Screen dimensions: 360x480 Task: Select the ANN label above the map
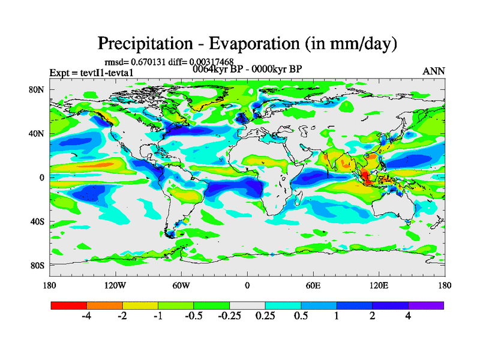434,71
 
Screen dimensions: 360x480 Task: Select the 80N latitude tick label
38,90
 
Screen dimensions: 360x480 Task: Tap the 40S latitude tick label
38,221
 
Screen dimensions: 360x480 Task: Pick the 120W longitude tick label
115,285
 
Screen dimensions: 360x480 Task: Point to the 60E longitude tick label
313,285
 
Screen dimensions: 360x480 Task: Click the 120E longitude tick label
379,285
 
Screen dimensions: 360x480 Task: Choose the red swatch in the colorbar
69,305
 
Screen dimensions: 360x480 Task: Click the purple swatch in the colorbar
426,305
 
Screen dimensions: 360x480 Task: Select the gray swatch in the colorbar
247,305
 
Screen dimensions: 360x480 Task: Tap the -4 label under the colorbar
86,316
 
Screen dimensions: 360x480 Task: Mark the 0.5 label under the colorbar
301,316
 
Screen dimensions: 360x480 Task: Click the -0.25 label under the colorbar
229,316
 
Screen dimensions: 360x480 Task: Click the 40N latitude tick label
38,134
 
